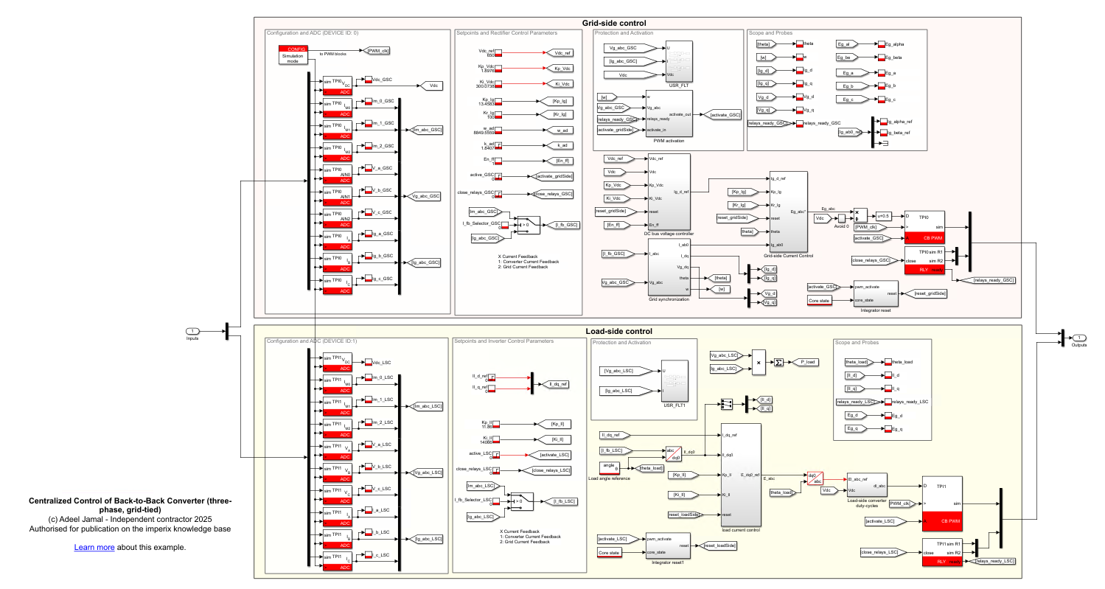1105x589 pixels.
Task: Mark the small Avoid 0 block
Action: pos(842,218)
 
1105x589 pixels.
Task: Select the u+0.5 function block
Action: pos(884,215)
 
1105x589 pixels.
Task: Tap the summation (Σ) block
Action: pos(778,363)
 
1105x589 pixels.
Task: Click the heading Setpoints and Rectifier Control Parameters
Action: pos(506,32)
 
